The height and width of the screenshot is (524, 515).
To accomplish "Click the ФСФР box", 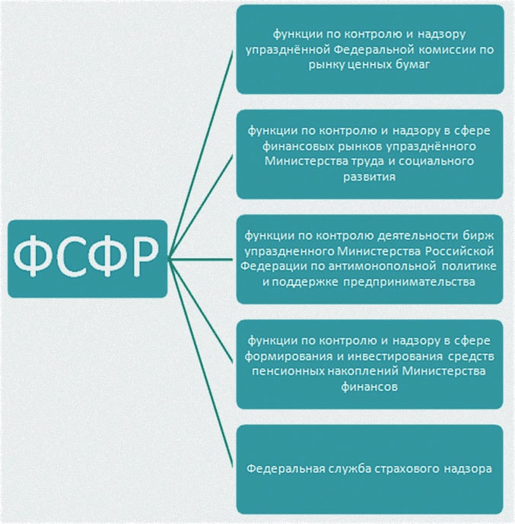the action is pos(87,259).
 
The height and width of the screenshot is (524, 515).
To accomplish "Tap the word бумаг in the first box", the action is pos(412,64).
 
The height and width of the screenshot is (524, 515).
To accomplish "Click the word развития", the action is pos(369,177).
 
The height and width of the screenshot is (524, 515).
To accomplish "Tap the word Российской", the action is pos(459,251).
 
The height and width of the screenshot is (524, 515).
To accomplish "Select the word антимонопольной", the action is pos(382,267).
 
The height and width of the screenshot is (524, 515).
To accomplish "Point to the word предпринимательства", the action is pos(409,282).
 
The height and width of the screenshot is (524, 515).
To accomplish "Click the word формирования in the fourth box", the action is pos(288,356).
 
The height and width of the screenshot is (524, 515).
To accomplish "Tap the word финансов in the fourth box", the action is pos(369,387).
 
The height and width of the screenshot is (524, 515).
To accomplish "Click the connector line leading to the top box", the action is pos(200,155).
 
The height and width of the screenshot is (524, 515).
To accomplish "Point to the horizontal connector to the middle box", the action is pos(200,259).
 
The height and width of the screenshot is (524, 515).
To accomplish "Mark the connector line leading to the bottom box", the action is pos(200,363).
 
